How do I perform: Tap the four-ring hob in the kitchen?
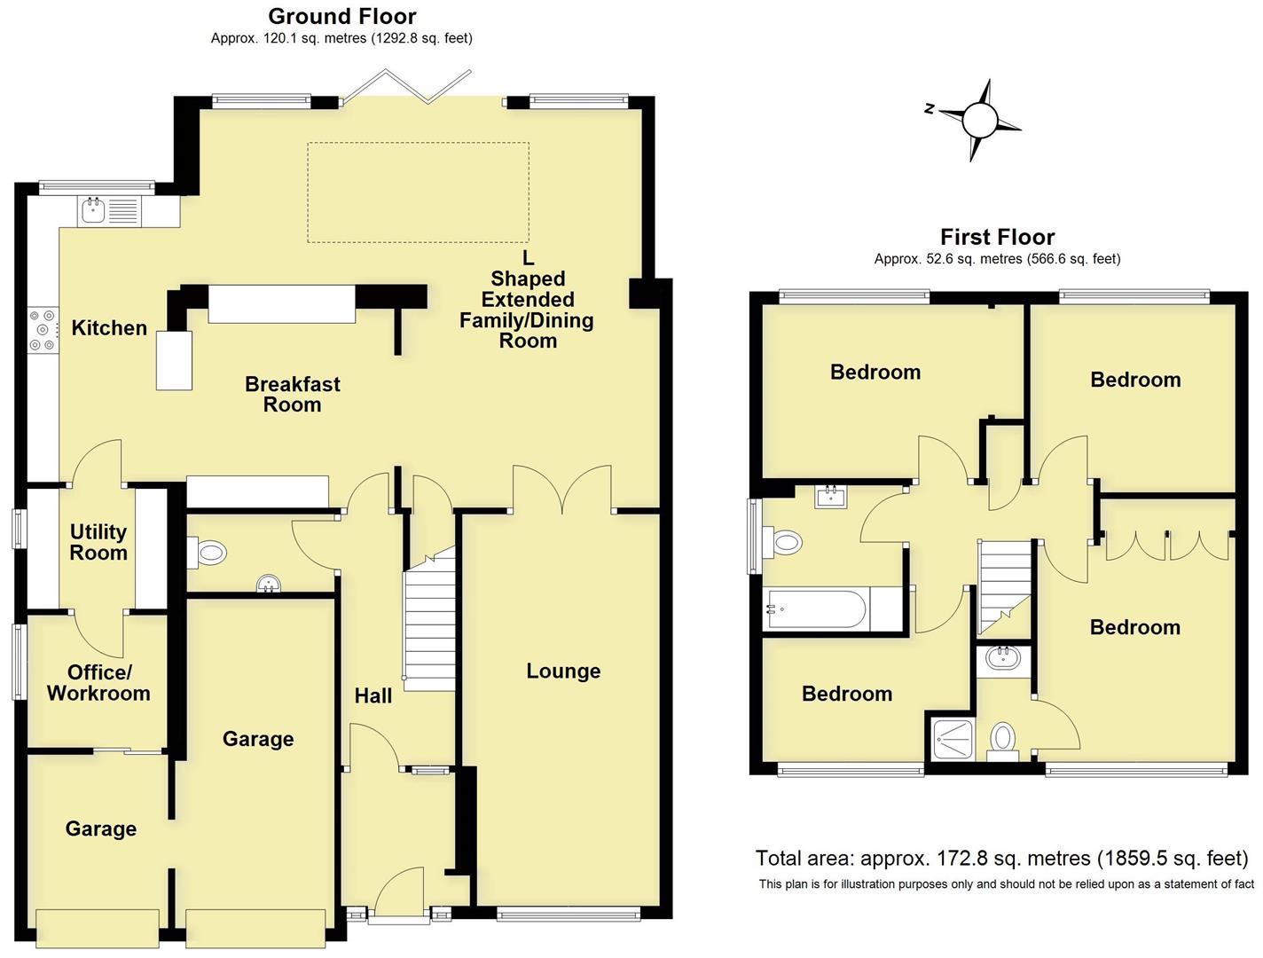coord(42,330)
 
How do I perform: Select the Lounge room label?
coord(563,671)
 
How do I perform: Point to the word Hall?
coord(373,696)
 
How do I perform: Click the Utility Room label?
coord(98,542)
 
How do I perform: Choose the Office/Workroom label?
coord(98,683)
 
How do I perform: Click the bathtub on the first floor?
coord(816,609)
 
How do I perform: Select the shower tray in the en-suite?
coord(953,738)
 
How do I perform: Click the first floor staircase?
coord(1005,581)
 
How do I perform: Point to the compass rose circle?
coord(980,119)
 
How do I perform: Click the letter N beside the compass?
coord(930,109)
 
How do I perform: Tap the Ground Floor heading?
coord(341,16)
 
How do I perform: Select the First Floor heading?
coord(997,237)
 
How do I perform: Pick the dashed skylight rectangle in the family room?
coord(418,192)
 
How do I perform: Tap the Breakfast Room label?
coord(292,395)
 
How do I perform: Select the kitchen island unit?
coord(175,360)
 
